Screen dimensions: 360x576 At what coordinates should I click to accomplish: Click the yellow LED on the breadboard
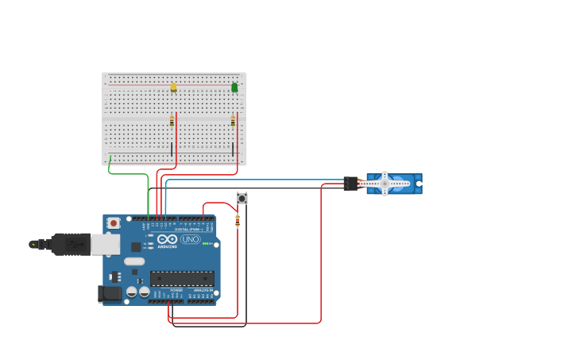pos(173,87)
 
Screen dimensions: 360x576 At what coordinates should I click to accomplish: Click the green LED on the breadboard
pos(234,87)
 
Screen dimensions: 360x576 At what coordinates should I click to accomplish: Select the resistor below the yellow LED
pos(172,121)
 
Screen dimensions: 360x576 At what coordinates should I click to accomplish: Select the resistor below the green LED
pos(233,121)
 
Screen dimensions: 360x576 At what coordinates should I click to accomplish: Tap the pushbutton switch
pos(242,198)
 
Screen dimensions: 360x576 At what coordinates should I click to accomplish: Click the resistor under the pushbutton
pos(238,220)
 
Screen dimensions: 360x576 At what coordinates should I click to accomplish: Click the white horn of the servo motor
pos(385,184)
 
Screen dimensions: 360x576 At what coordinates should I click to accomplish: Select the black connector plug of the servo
pos(351,184)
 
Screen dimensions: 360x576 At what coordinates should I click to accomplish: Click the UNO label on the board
pos(191,239)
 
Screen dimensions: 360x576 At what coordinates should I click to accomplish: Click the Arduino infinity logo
pos(168,239)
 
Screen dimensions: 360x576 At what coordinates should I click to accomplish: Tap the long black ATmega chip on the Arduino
pos(182,278)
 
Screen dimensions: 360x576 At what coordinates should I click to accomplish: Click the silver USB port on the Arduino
pos(105,244)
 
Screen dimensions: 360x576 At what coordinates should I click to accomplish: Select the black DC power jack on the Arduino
pos(110,293)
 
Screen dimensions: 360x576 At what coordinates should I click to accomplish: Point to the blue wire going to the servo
pos(254,180)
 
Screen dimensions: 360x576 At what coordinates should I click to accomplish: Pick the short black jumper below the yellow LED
pos(172,149)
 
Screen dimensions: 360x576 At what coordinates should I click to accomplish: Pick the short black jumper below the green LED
pos(232,148)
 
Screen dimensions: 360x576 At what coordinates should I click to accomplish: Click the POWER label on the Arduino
pos(176,290)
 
